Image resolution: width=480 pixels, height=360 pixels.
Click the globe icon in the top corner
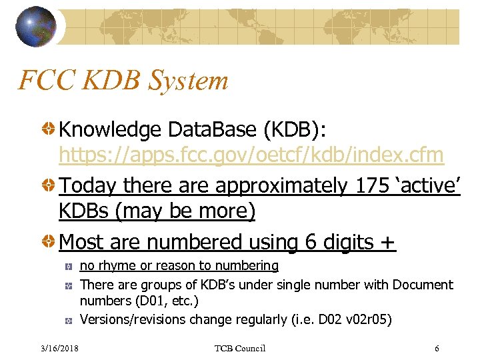(x=38, y=26)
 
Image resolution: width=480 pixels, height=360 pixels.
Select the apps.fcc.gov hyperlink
(x=251, y=155)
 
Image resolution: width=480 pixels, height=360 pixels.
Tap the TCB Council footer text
(x=240, y=348)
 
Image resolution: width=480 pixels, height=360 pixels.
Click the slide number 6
(x=436, y=348)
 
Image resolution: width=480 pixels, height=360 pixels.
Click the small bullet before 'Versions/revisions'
(x=69, y=320)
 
